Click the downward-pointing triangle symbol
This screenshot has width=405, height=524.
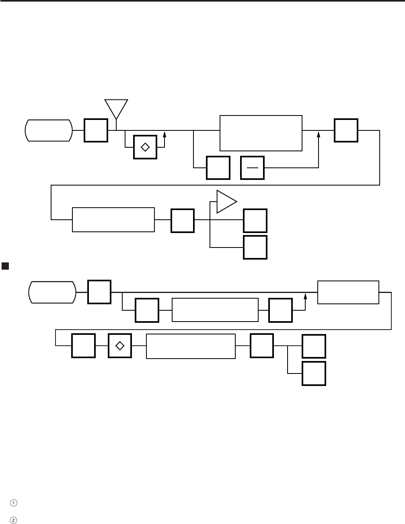pyautogui.click(x=116, y=107)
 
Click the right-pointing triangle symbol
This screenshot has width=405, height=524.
pyautogui.click(x=226, y=202)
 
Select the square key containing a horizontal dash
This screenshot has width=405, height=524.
pyautogui.click(x=252, y=167)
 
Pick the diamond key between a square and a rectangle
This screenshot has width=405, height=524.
pyautogui.click(x=120, y=346)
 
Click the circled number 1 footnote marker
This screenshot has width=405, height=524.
pyautogui.click(x=14, y=503)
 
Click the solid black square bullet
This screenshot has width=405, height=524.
pyautogui.click(x=5, y=266)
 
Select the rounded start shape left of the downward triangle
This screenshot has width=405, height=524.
pyautogui.click(x=49, y=130)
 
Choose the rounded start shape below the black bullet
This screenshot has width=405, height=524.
pyautogui.click(x=52, y=292)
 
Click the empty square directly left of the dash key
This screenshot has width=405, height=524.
pyautogui.click(x=218, y=167)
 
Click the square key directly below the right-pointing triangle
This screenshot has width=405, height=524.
pyautogui.click(x=255, y=221)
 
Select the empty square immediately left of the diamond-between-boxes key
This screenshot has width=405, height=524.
pyautogui.click(x=83, y=346)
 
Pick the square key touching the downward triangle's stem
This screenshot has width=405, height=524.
pyautogui.click(x=96, y=130)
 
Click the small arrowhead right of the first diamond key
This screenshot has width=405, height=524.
pyautogui.click(x=164, y=134)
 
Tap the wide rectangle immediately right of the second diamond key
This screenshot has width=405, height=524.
pyautogui.click(x=191, y=346)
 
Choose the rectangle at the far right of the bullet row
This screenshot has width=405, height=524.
pyautogui.click(x=348, y=292)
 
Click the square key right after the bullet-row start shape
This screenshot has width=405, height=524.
pyautogui.click(x=99, y=292)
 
